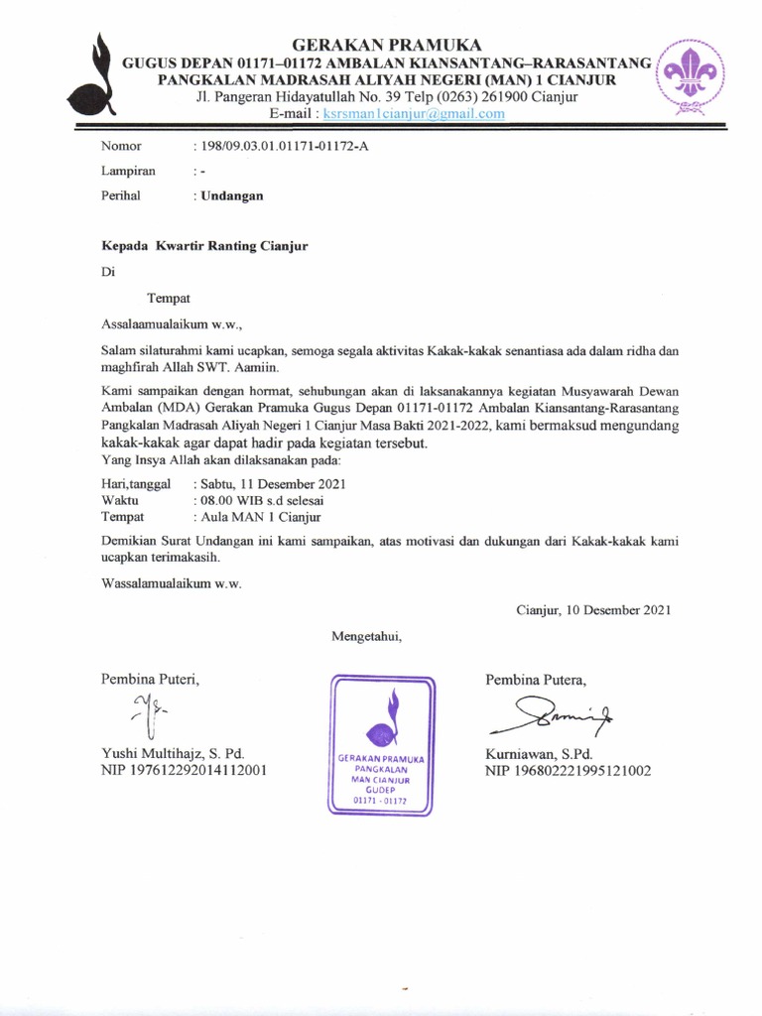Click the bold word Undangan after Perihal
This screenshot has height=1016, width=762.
pyautogui.click(x=232, y=195)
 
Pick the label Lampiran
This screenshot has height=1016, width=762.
pyautogui.click(x=129, y=171)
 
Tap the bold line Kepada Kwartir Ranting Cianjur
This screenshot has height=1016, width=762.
pyautogui.click(x=204, y=246)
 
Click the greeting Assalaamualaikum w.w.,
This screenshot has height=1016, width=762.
pyautogui.click(x=172, y=322)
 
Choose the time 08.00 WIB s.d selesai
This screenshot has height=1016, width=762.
pyautogui.click(x=268, y=500)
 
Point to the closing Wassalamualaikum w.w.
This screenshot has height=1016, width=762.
pyautogui.click(x=172, y=582)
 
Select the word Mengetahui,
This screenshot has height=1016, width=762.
pyautogui.click(x=367, y=635)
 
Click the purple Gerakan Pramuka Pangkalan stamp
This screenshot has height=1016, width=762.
pyautogui.click(x=382, y=744)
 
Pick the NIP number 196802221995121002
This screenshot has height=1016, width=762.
pyautogui.click(x=568, y=770)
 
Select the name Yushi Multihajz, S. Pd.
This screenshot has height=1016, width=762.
pyautogui.click(x=173, y=753)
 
